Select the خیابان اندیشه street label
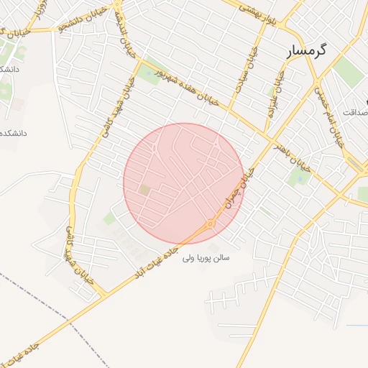coord(129,43)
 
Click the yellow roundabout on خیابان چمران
coord(211,224)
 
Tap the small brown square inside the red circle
coord(144,190)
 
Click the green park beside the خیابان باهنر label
coord(297,177)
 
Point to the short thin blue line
coord(356,326)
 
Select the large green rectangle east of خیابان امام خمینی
coord(348,72)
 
